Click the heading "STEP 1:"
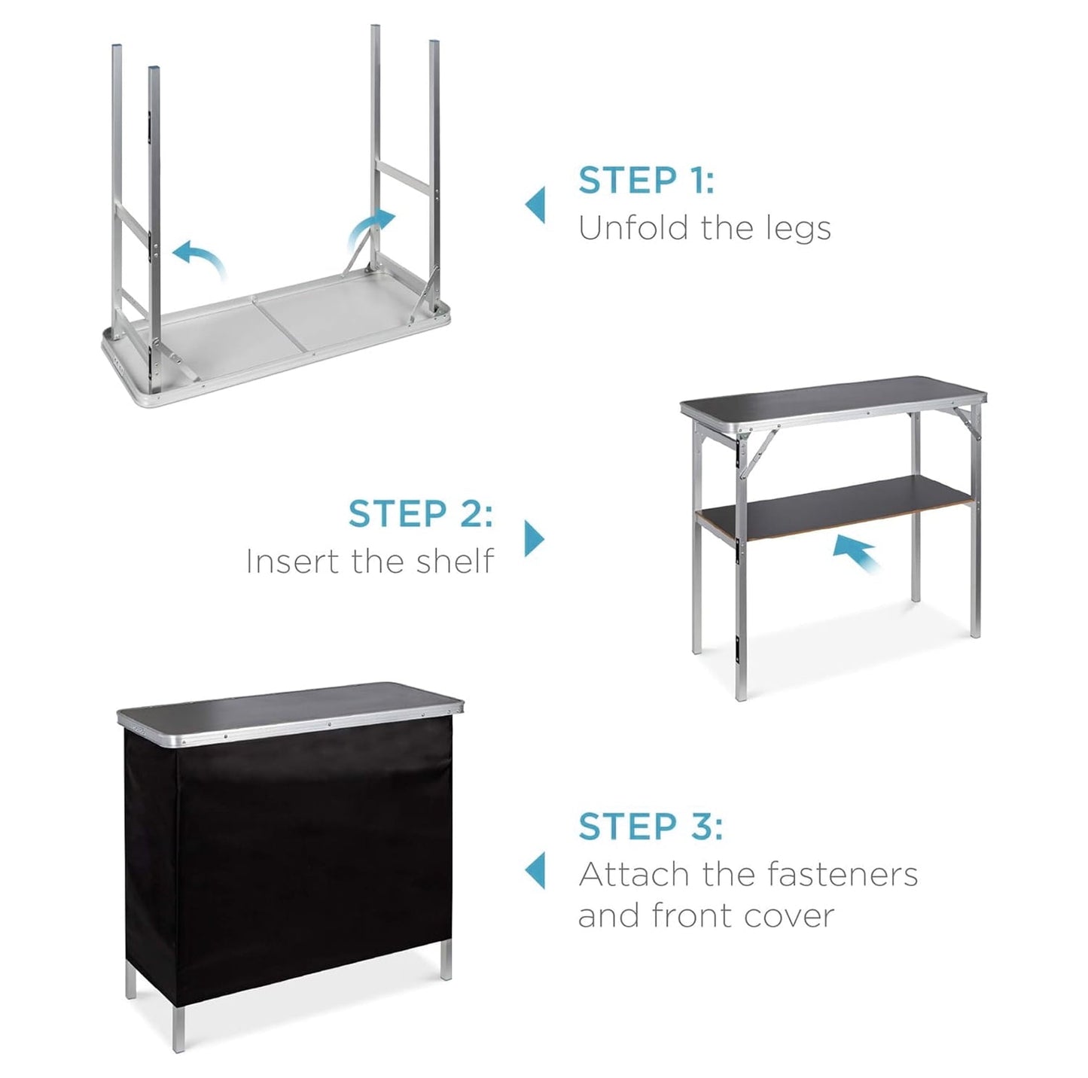pos(646,181)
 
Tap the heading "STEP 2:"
pos(420,514)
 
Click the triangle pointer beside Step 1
pos(535,205)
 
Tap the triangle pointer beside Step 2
pos(533,538)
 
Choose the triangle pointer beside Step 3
pos(535,870)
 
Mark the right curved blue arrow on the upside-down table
pos(371,229)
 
